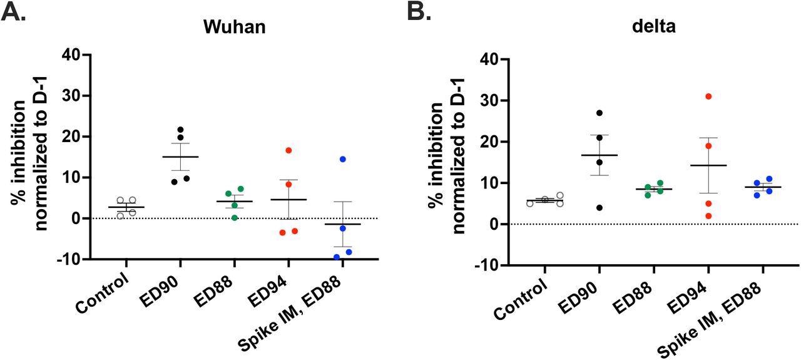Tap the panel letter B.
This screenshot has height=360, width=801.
[x=419, y=12]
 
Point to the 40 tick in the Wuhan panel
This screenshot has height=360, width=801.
[x=74, y=55]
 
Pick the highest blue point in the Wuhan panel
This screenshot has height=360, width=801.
[x=343, y=159]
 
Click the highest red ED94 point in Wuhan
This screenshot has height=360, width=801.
[x=288, y=150]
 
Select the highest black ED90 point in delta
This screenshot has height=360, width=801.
[x=599, y=113]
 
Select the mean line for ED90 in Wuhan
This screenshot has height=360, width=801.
[x=180, y=157]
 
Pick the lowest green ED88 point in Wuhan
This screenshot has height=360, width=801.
[x=234, y=217]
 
